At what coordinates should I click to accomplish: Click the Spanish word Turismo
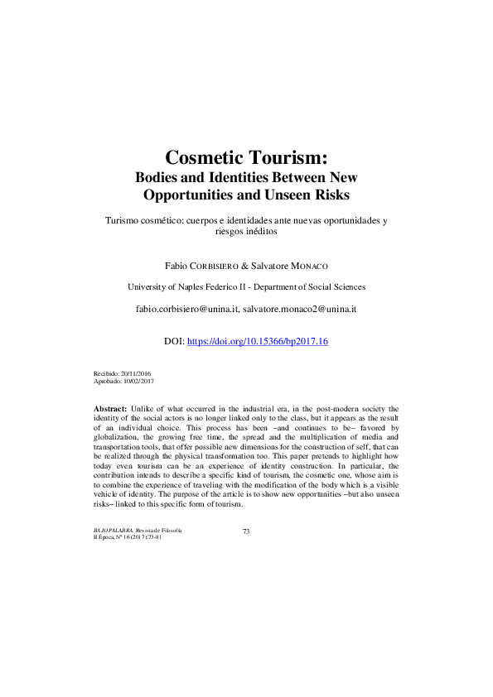[x=124, y=222]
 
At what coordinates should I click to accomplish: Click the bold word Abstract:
[x=110, y=409]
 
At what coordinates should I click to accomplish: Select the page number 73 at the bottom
[x=246, y=531]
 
